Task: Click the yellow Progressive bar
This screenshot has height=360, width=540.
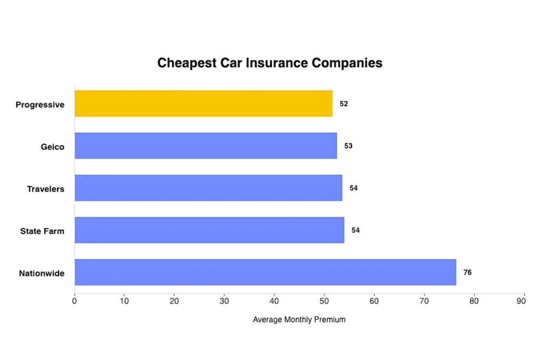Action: click(x=204, y=103)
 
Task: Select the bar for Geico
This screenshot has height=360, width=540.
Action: click(x=206, y=145)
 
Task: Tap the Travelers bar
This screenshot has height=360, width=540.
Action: click(x=208, y=188)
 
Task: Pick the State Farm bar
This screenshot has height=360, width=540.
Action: click(x=209, y=230)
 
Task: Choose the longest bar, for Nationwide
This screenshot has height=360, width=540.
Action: click(x=265, y=272)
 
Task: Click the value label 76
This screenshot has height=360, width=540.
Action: click(x=467, y=273)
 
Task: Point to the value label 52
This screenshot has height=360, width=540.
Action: click(x=344, y=104)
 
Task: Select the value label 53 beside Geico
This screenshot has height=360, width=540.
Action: click(x=349, y=146)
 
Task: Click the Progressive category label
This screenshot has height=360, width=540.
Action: click(x=40, y=105)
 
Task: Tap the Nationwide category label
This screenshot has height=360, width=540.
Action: click(x=42, y=274)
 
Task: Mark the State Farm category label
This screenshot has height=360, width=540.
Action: click(x=42, y=231)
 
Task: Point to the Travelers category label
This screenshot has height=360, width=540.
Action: click(x=46, y=189)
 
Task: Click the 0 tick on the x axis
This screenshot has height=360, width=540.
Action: click(x=74, y=301)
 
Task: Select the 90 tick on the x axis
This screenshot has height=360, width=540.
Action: click(x=521, y=301)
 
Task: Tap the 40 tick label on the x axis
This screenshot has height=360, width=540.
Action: click(x=274, y=301)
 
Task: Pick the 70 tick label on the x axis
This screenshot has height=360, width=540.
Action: click(x=424, y=301)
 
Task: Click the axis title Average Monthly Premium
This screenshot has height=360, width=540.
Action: click(x=299, y=319)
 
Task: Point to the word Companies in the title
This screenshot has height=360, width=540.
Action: click(x=347, y=63)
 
